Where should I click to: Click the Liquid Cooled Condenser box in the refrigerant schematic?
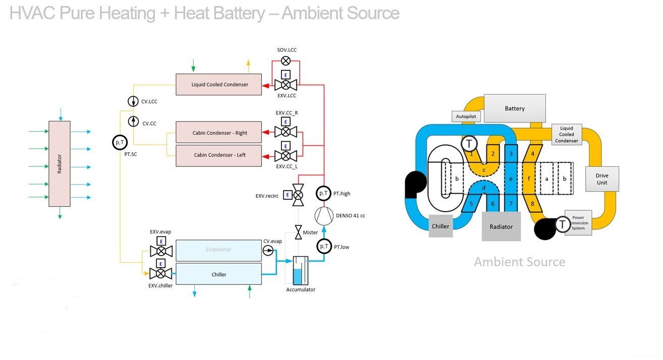[219, 84]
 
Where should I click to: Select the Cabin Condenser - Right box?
[219, 133]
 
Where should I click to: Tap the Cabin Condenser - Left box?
[219, 155]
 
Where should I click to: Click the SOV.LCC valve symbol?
[286, 61]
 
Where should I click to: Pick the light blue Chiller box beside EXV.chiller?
[219, 274]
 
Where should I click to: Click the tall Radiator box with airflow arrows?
[60, 164]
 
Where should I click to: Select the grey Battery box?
[515, 108]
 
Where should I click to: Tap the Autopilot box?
[467, 116]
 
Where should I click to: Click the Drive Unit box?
[601, 179]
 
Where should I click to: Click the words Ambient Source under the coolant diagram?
[519, 262]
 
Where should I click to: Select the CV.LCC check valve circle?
[133, 101]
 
